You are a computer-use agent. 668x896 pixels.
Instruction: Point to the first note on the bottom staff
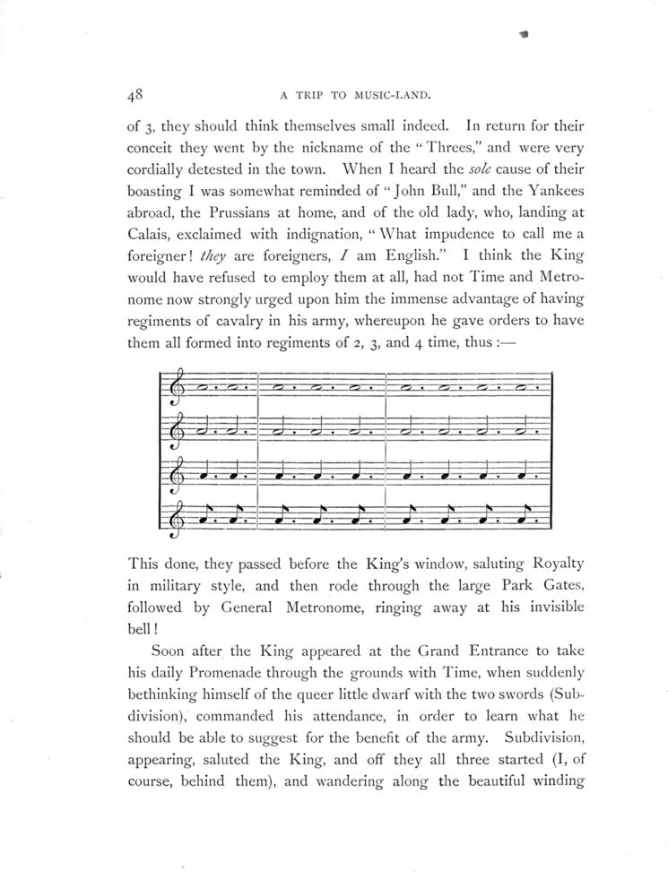(x=208, y=516)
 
